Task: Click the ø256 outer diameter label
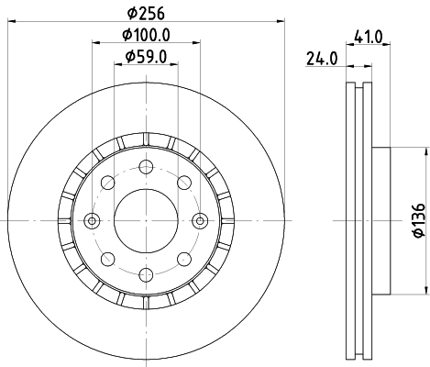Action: click(x=145, y=12)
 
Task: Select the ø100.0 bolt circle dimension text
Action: click(x=147, y=36)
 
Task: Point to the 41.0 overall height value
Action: click(x=368, y=38)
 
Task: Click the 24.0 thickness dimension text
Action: click(x=322, y=60)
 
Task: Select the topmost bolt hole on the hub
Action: click(x=146, y=166)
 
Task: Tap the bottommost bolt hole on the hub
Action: click(x=146, y=273)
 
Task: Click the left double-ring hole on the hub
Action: click(x=92, y=219)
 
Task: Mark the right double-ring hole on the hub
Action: click(x=199, y=219)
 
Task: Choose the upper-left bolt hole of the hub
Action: click(x=108, y=182)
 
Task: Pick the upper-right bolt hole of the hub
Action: click(x=183, y=182)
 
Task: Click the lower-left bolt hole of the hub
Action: click(x=108, y=258)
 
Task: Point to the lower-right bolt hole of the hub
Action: click(x=183, y=258)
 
